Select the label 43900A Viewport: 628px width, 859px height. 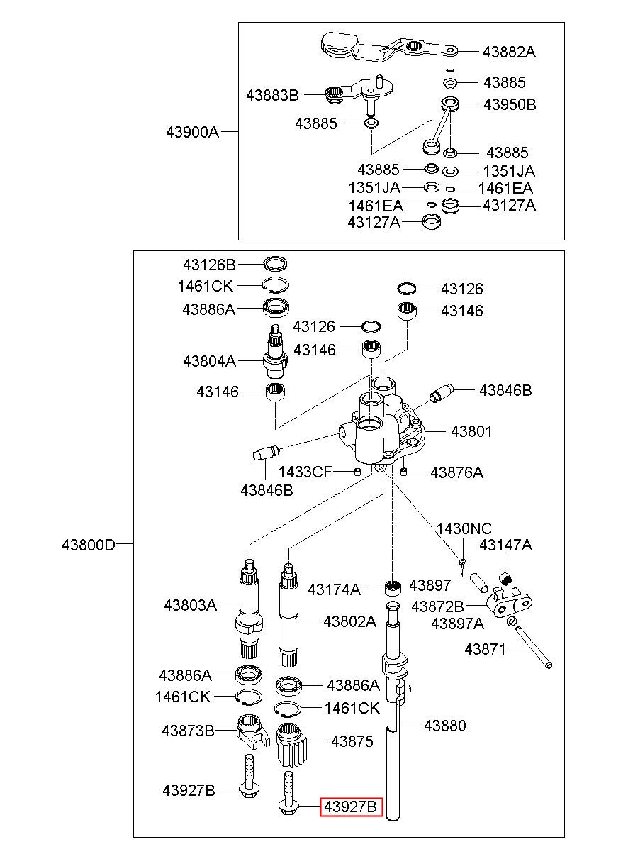coord(192,133)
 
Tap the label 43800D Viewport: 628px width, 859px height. coord(89,545)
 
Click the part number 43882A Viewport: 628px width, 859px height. coord(509,52)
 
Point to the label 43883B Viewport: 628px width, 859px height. coord(272,95)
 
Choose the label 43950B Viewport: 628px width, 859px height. coord(510,104)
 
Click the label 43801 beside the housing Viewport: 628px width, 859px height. coord(471,432)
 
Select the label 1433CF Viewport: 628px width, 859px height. coord(305,472)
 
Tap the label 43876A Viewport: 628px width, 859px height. coord(456,472)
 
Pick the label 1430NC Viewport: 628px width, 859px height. coord(464,529)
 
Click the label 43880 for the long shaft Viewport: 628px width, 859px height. coord(445,726)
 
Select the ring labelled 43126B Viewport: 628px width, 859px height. coord(276,264)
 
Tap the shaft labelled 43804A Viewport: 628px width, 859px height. coord(275,351)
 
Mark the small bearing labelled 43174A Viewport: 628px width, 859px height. coord(393,588)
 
